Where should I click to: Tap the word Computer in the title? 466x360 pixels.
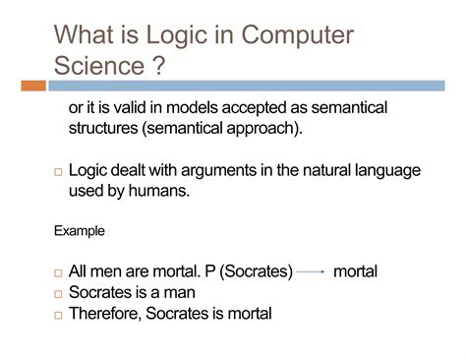point(293,37)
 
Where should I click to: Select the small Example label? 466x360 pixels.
point(77,231)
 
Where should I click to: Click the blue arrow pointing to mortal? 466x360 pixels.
point(312,270)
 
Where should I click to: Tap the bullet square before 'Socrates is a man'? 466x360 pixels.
point(57,294)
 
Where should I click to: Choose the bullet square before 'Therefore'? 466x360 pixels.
point(57,315)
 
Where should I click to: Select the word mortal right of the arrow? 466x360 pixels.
point(356,270)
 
